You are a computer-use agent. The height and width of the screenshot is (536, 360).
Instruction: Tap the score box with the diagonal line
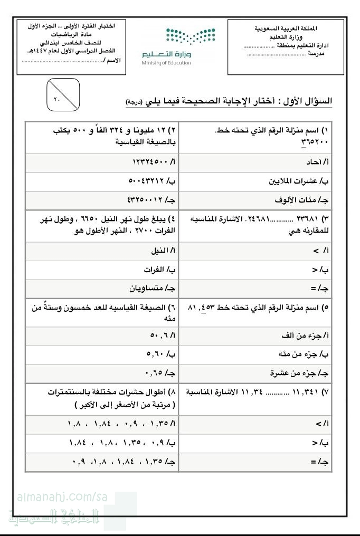coord(63,95)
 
